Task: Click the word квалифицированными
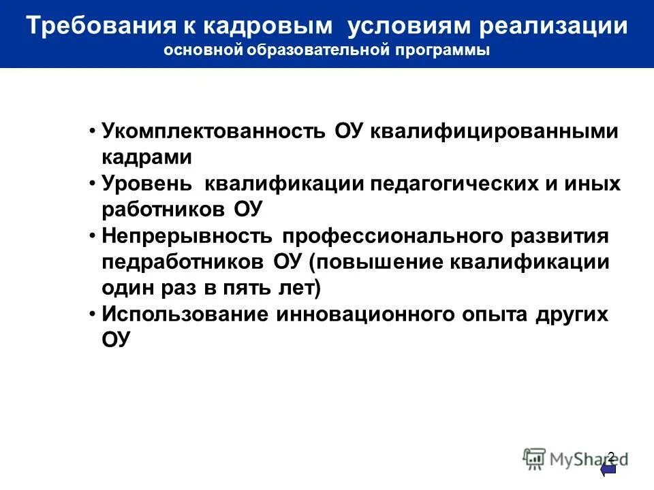point(495,131)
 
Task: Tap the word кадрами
point(147,157)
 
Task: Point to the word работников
point(163,208)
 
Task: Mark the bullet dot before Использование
point(93,314)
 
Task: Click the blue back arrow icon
point(608,470)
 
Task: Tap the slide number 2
point(610,456)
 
